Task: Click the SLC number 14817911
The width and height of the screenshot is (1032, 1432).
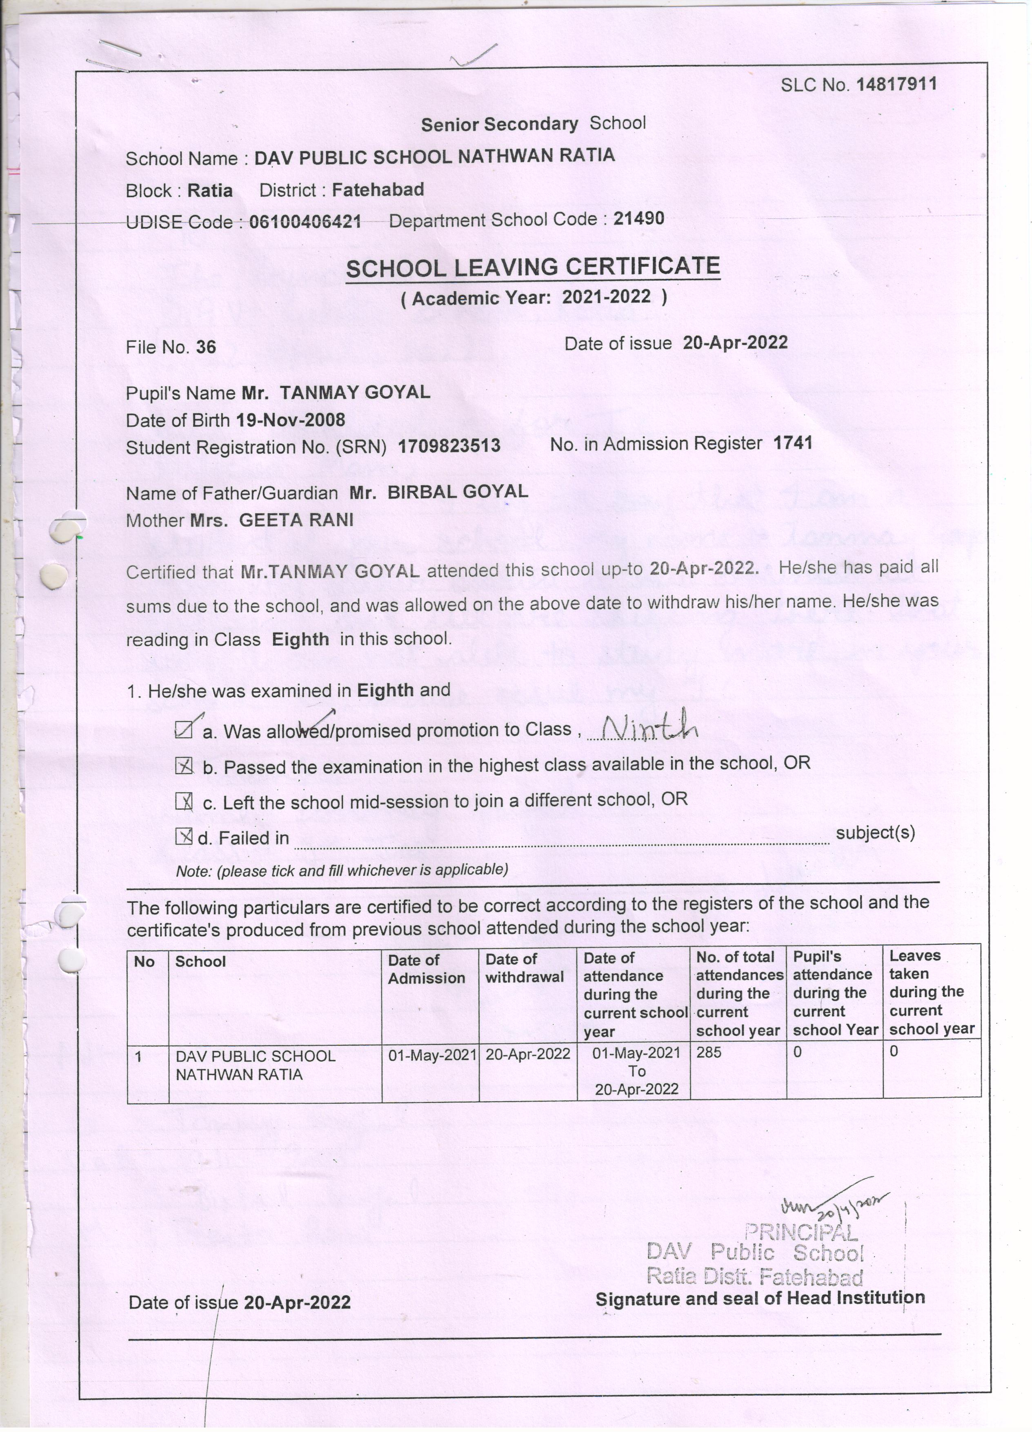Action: [x=896, y=85]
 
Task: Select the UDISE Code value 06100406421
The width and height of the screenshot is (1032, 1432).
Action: [x=305, y=222]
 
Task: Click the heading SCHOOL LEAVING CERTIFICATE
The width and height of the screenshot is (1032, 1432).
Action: [x=533, y=268]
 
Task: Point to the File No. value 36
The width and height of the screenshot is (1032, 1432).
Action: [x=206, y=347]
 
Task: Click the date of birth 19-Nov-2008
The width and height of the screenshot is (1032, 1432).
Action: [x=290, y=420]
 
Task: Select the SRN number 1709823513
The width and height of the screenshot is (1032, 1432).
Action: [x=449, y=446]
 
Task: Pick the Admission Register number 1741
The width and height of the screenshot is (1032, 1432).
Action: [x=793, y=443]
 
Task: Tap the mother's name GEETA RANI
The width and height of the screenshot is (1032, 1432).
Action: [x=296, y=520]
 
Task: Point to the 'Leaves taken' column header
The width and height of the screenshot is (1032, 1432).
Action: [x=931, y=992]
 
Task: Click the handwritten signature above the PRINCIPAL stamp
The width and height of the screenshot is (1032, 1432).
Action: [x=833, y=1204]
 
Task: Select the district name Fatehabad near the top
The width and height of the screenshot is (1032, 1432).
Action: [x=378, y=189]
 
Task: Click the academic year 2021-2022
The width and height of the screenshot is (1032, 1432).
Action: [x=606, y=297]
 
